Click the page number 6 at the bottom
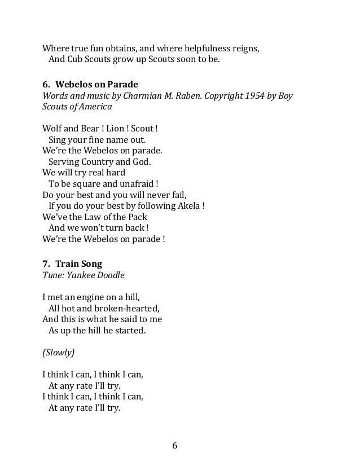point(175,445)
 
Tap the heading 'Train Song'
point(79,263)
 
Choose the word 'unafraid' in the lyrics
point(134,183)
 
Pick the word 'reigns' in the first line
point(247,48)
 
